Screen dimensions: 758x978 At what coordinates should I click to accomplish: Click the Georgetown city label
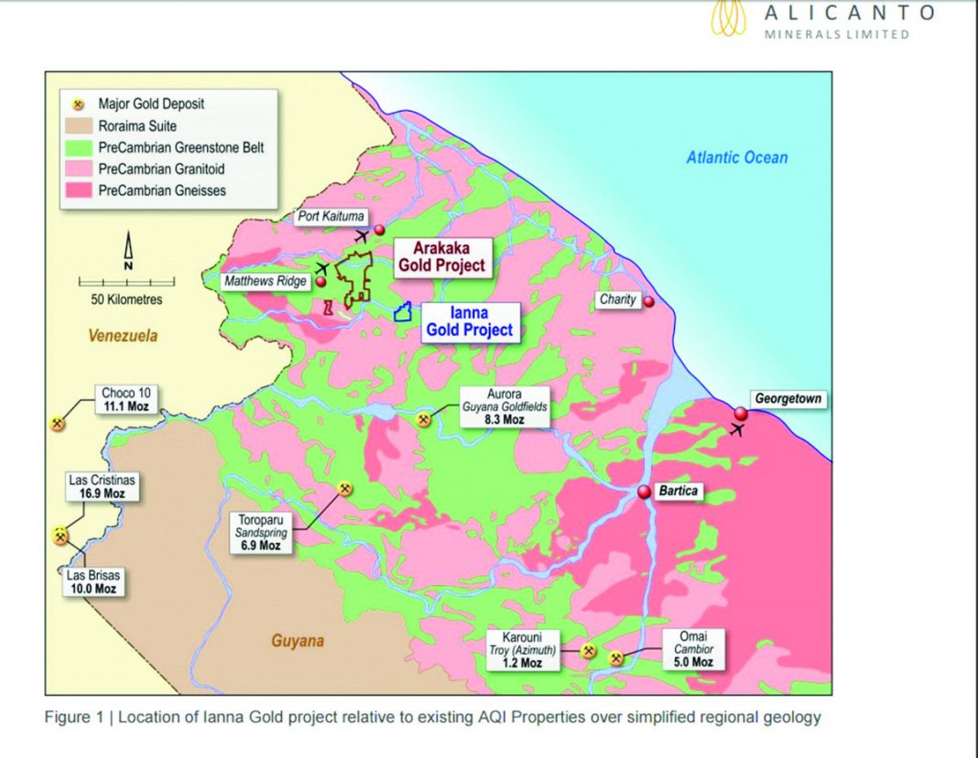(x=788, y=399)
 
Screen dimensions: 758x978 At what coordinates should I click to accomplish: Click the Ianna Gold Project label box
(x=470, y=322)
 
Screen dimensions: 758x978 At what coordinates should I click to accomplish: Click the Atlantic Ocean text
(x=737, y=157)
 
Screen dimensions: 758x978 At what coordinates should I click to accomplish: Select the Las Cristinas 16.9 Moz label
(x=103, y=486)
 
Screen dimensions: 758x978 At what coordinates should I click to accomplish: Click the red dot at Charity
(x=648, y=301)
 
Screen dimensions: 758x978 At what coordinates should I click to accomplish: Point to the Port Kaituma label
(x=331, y=217)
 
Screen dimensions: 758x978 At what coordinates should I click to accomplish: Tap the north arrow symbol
(x=128, y=251)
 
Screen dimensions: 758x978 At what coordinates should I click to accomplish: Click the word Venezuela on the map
(x=123, y=336)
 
